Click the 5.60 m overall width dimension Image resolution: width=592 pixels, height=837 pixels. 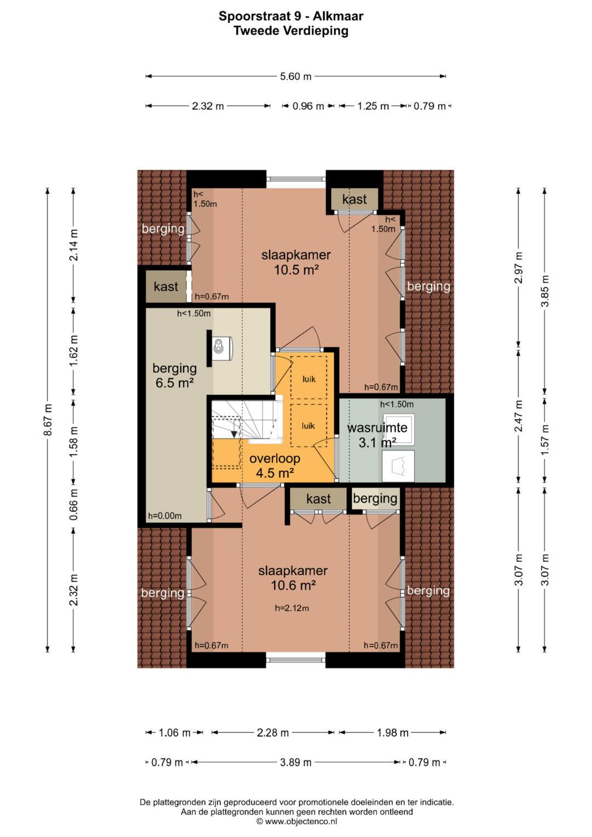pos(295,76)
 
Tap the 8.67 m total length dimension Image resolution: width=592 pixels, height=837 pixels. pos(48,420)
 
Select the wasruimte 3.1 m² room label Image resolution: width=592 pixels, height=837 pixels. pos(377,435)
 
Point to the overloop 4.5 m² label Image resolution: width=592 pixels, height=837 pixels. pos(275,465)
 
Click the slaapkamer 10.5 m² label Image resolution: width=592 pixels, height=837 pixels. pos(296,262)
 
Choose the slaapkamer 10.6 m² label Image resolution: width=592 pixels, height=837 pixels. pos(293,578)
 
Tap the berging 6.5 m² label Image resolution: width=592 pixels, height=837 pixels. pos(174,375)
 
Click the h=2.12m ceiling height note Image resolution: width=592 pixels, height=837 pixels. pos(292,608)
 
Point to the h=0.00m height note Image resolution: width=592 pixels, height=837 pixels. pos(165,516)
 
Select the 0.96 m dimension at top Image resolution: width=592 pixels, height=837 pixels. pos(308,106)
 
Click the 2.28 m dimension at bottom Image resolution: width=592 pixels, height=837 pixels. pos(273,733)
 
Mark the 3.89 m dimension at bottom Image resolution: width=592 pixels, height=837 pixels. pos(295,762)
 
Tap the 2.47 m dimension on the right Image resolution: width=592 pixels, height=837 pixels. pos(519,416)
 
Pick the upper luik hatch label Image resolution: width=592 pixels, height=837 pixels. pos(309,379)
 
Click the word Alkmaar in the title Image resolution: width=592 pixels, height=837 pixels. pos(338,16)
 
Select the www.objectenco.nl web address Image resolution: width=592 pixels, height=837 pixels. pos(301,821)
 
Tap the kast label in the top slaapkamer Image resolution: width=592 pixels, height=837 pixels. pos(354,199)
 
